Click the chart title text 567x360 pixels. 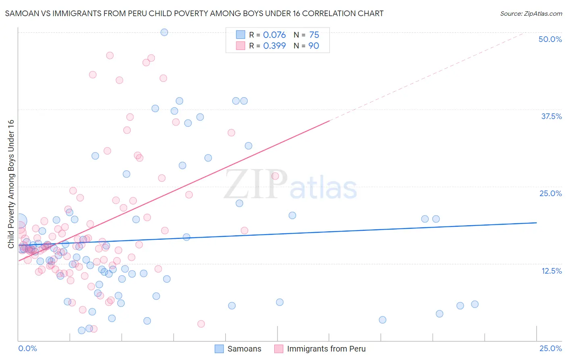click(x=194, y=13)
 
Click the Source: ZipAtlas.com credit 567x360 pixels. click(x=531, y=13)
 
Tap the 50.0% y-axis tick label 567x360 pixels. click(x=550, y=39)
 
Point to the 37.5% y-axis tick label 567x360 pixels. click(x=551, y=116)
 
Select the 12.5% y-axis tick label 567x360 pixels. click(x=551, y=271)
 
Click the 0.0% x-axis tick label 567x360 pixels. click(x=27, y=348)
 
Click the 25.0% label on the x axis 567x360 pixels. click(x=550, y=348)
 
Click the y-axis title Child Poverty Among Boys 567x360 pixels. click(x=11, y=184)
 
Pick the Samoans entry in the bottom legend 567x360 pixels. click(x=244, y=349)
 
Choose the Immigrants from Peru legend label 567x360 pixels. click(x=326, y=349)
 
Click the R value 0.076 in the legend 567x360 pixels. click(x=274, y=35)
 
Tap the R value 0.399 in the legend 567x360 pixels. click(x=274, y=46)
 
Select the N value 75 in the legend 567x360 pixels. click(x=314, y=35)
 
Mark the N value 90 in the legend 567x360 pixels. click(x=313, y=46)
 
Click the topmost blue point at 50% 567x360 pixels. click(x=164, y=32)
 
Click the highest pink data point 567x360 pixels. click(x=110, y=56)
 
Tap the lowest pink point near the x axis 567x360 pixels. click(x=201, y=324)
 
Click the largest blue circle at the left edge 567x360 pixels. click(x=20, y=221)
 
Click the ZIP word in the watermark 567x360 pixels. click(x=256, y=184)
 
